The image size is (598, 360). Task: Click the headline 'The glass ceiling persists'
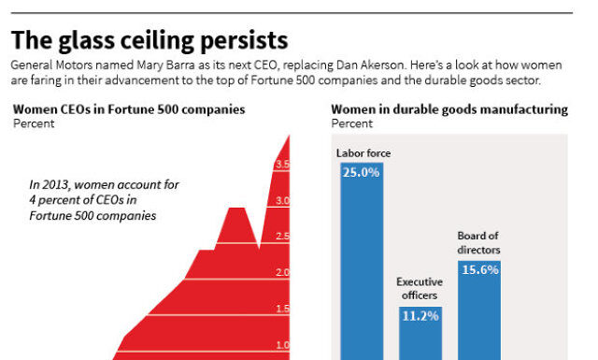pyautogui.click(x=149, y=40)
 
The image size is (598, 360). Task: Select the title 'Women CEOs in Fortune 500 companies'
pyautogui.click(x=129, y=109)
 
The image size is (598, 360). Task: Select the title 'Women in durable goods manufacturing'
pyautogui.click(x=448, y=109)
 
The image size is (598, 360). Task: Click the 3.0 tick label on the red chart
pyautogui.click(x=282, y=201)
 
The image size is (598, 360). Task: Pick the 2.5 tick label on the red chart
pyautogui.click(x=282, y=238)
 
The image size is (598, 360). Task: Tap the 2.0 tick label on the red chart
pyautogui.click(x=282, y=273)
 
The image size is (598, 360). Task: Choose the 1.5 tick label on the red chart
pyautogui.click(x=282, y=310)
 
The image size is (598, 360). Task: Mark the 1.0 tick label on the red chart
pyautogui.click(x=282, y=345)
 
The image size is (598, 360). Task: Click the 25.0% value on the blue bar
pyautogui.click(x=361, y=173)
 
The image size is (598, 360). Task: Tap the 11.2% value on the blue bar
pyautogui.click(x=420, y=315)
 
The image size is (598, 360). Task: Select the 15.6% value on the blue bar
pyautogui.click(x=478, y=269)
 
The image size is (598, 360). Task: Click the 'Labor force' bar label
pyautogui.click(x=363, y=153)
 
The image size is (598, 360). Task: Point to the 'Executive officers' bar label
pyautogui.click(x=420, y=288)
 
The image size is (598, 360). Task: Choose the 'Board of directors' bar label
pyautogui.click(x=478, y=243)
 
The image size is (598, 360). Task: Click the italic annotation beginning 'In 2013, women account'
pyautogui.click(x=103, y=200)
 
